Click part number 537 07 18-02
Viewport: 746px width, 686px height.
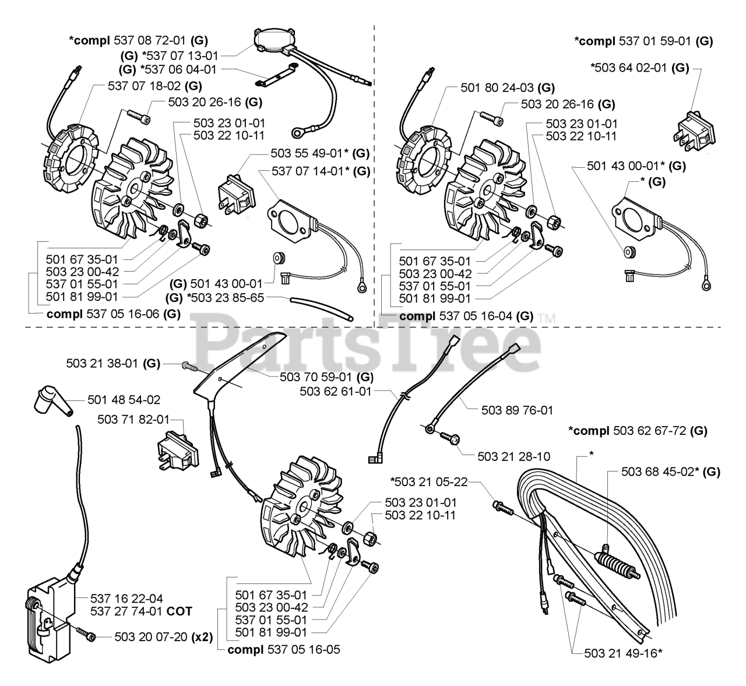point(146,86)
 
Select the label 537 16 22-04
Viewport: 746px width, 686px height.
point(126,598)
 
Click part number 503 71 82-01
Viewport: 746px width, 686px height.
point(133,418)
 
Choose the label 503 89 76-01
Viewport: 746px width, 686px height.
point(517,410)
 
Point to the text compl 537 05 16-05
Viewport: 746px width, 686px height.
point(284,649)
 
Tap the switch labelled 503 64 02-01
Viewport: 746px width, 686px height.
point(692,125)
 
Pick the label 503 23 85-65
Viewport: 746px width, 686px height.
point(220,298)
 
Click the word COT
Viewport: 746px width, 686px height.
point(180,611)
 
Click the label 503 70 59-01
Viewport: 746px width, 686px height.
point(326,377)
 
